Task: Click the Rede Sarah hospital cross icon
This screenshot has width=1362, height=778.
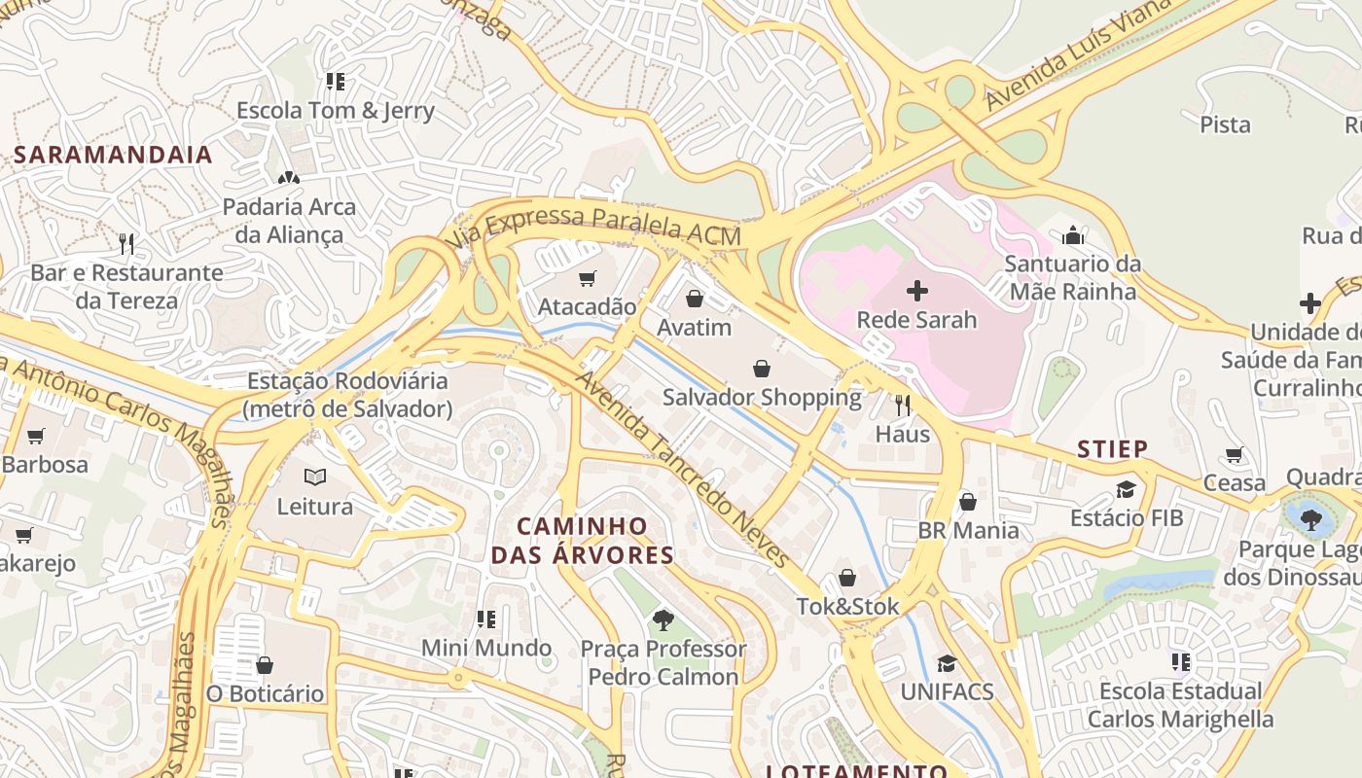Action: pos(916,290)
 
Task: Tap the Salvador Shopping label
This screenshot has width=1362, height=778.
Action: pos(762,397)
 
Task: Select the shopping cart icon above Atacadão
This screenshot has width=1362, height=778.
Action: pos(587,279)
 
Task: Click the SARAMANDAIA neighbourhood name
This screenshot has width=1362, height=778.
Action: pos(113,155)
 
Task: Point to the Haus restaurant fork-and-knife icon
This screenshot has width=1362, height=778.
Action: pos(903,405)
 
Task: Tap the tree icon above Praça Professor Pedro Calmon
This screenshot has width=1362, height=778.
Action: pos(663,619)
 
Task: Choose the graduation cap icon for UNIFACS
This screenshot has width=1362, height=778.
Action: pos(947,663)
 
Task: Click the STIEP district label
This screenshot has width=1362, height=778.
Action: pos(1112,448)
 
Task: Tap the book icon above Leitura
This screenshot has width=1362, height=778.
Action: pos(315,477)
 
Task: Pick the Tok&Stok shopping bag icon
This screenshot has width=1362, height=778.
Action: pos(847,578)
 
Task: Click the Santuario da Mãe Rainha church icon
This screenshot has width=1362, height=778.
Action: pos(1073,235)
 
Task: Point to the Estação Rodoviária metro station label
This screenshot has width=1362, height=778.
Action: pos(348,394)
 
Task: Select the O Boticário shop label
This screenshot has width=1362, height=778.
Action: pos(265,693)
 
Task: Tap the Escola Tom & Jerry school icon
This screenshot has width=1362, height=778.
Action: pos(335,82)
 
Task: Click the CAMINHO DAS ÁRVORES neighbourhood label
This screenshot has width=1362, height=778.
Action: pos(582,541)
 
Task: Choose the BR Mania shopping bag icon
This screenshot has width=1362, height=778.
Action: pos(968,502)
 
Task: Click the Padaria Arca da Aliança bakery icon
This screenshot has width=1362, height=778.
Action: pos(288,178)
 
